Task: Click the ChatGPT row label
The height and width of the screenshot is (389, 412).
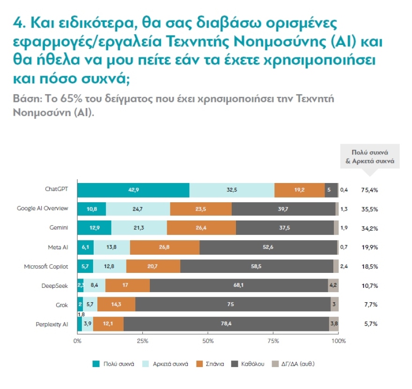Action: point(57,190)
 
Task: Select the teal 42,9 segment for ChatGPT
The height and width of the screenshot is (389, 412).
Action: point(133,190)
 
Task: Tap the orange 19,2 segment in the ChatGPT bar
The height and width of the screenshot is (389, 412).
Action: point(300,190)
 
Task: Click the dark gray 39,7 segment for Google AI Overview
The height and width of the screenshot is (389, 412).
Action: point(283,209)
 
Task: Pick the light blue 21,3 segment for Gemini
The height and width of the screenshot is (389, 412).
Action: point(139,228)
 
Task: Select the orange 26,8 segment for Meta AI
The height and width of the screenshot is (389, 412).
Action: point(164,247)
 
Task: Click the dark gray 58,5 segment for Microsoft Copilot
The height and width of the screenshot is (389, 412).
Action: point(257,266)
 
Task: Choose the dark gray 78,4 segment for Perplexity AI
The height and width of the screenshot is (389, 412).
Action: point(226,323)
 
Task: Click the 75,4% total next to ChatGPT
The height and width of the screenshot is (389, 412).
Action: point(369,190)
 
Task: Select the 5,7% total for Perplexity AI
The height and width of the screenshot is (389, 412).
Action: point(370,323)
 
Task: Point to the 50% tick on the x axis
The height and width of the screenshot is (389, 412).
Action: point(208,340)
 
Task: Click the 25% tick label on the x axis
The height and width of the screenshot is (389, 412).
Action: point(143,340)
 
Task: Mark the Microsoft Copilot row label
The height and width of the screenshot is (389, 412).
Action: point(46,266)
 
